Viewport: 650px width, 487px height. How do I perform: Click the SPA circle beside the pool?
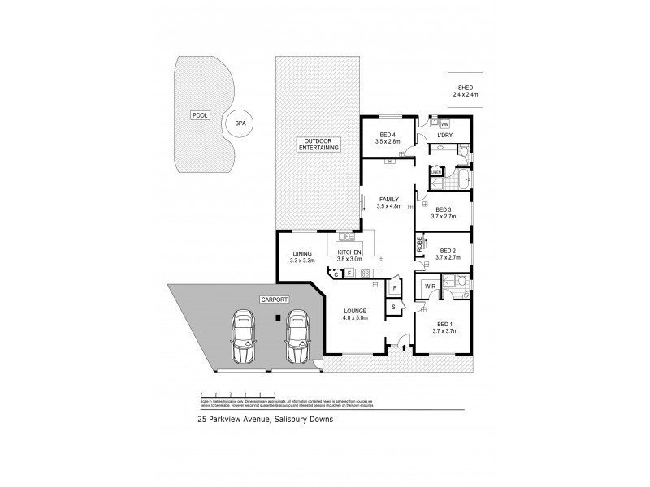240,123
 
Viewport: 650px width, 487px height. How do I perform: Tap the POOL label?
200,115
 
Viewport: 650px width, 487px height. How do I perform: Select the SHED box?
466,92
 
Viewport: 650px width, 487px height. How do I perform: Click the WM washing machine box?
444,123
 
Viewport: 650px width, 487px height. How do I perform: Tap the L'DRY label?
444,135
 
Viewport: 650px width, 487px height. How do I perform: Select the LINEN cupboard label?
435,172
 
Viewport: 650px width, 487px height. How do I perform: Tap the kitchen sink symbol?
345,237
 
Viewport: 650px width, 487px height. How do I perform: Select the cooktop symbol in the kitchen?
366,273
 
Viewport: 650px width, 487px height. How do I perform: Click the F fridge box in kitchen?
349,274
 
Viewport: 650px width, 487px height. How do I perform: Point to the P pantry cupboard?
393,288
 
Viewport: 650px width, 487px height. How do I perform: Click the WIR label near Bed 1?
427,286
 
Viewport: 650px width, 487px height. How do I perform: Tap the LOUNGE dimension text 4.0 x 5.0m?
355,318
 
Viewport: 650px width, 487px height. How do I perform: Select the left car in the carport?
243,338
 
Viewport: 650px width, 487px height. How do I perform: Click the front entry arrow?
404,347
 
